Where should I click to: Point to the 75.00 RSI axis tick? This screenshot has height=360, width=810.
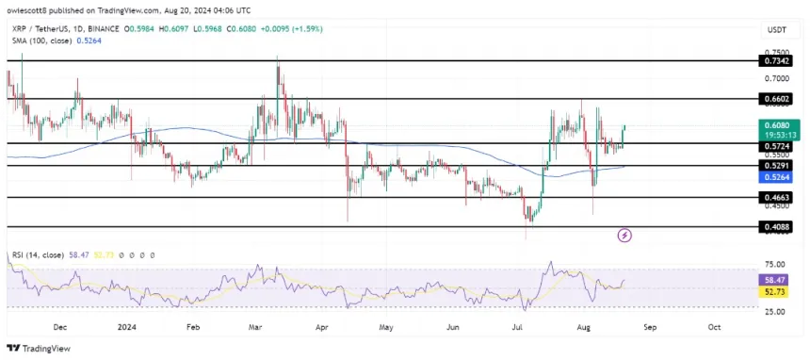coord(774,265)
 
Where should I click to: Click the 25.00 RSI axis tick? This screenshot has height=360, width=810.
coord(774,311)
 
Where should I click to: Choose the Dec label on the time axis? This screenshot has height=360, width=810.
coord(61,327)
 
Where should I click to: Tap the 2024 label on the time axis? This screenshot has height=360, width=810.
coord(128,327)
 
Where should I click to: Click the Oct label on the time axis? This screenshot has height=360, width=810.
coord(714,327)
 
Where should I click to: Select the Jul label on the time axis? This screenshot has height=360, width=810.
coord(516,327)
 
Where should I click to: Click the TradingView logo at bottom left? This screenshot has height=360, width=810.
coord(42,348)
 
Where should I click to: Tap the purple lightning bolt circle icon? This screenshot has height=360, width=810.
coord(624,235)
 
